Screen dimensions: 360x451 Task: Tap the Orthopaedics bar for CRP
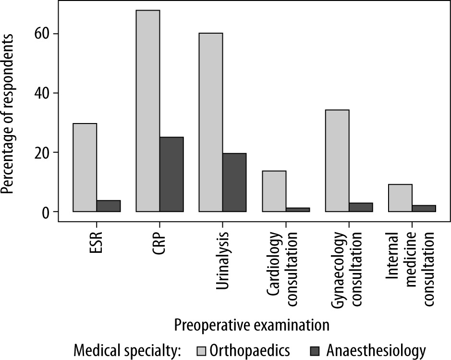point(148,111)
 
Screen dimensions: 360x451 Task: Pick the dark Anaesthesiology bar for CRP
point(171,174)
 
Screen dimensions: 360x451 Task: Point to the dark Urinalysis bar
point(234,182)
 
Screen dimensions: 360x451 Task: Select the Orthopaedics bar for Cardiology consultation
point(274,191)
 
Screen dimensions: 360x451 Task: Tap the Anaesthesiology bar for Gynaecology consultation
point(361,207)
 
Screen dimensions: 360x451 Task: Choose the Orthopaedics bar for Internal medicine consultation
point(400,198)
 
